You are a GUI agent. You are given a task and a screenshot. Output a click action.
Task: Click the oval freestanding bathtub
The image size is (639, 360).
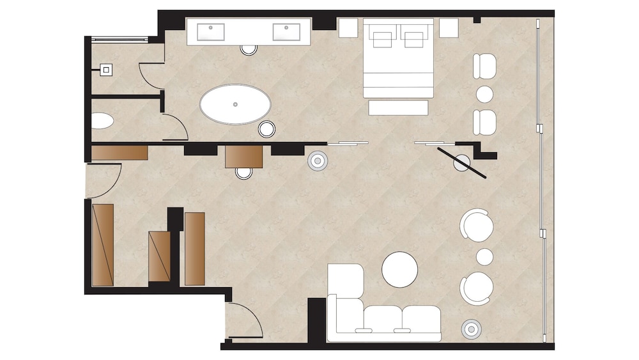[x=235, y=104]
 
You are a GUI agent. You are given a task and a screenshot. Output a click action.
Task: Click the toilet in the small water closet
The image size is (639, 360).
[x=102, y=120]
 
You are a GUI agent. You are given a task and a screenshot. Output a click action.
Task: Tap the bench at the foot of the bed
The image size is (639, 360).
[x=397, y=107]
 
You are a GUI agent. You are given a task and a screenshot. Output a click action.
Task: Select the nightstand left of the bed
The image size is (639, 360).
[x=348, y=27]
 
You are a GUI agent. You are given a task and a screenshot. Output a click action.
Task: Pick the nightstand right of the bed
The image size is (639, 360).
[x=449, y=27]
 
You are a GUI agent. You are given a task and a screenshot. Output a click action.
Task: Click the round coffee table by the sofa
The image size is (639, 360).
[x=400, y=269]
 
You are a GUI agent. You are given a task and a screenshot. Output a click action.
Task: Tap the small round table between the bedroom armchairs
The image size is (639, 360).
[x=485, y=93]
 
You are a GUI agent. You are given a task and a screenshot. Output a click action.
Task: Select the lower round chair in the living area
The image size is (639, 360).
[x=477, y=288]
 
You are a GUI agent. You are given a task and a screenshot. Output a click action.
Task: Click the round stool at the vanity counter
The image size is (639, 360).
[x=249, y=48]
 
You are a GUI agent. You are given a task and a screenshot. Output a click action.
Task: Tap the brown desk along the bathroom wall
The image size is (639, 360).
[x=244, y=156]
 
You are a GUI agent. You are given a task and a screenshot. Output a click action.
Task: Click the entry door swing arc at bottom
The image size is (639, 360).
[x=243, y=320]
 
